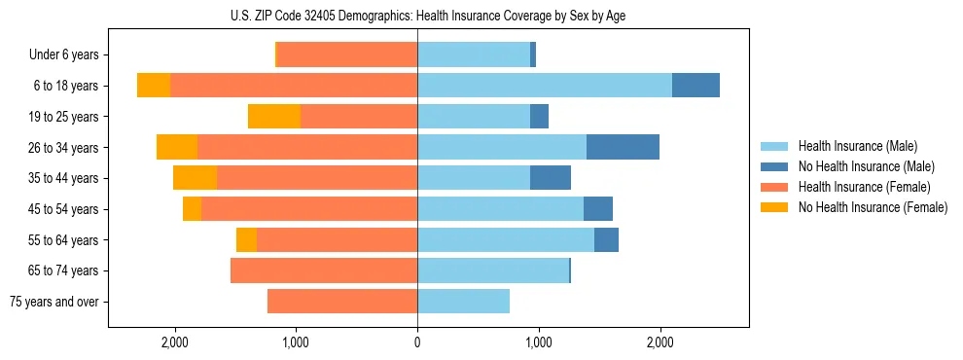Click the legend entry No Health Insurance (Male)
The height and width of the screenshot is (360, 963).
point(859,166)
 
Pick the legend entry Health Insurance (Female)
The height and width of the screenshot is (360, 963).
point(858,187)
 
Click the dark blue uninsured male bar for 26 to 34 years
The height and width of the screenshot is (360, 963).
point(623,147)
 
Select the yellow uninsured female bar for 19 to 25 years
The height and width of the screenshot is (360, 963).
point(274,117)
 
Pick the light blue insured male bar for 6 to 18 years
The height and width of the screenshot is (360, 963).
point(544,86)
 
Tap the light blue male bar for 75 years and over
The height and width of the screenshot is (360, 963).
point(463,302)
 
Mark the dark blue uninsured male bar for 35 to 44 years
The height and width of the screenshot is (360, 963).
point(551,178)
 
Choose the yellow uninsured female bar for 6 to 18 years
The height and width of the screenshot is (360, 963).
point(154,86)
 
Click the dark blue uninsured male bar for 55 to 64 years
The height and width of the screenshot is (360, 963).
point(606,239)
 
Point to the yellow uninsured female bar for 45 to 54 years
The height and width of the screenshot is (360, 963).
point(192,209)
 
